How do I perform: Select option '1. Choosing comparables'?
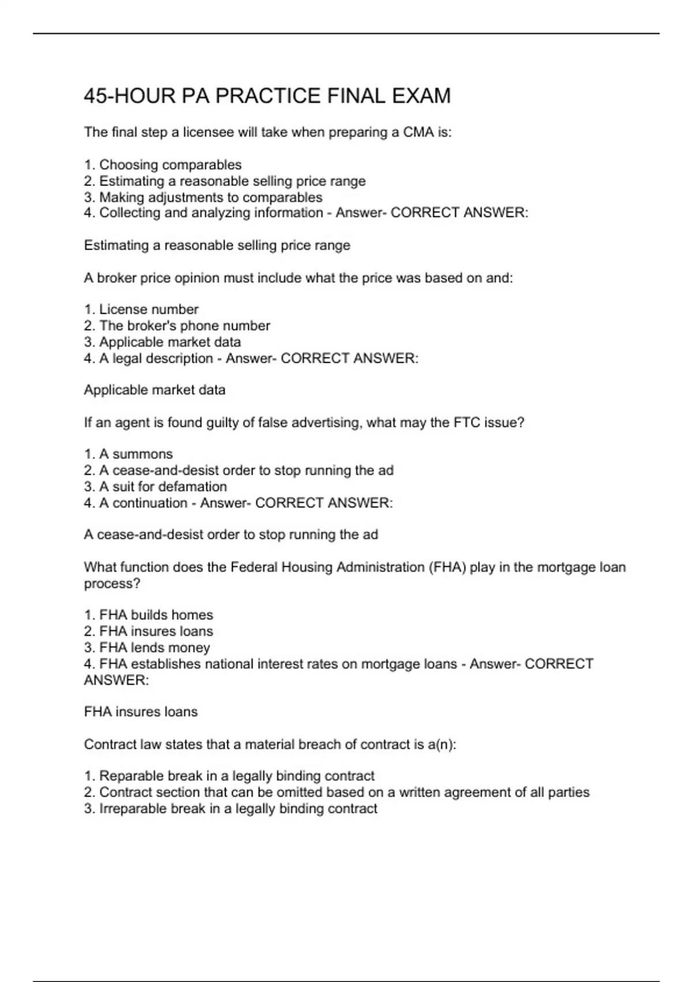pyautogui.click(x=163, y=165)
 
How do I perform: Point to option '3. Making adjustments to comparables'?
pyautogui.click(x=203, y=198)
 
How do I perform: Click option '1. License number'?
pyautogui.click(x=141, y=310)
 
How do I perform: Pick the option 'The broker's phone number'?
pyautogui.click(x=184, y=326)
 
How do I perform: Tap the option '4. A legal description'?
pyautogui.click(x=148, y=358)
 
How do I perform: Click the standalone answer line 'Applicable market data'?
pyautogui.click(x=155, y=390)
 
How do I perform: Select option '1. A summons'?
pyautogui.click(x=128, y=454)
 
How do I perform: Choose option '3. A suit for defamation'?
pyautogui.click(x=155, y=486)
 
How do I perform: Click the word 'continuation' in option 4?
pyautogui.click(x=150, y=503)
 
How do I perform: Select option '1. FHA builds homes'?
pyautogui.click(x=148, y=615)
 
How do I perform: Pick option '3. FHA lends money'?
pyautogui.click(x=147, y=648)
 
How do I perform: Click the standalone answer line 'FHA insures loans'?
pyautogui.click(x=141, y=712)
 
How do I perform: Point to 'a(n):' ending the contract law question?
pyautogui.click(x=442, y=745)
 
